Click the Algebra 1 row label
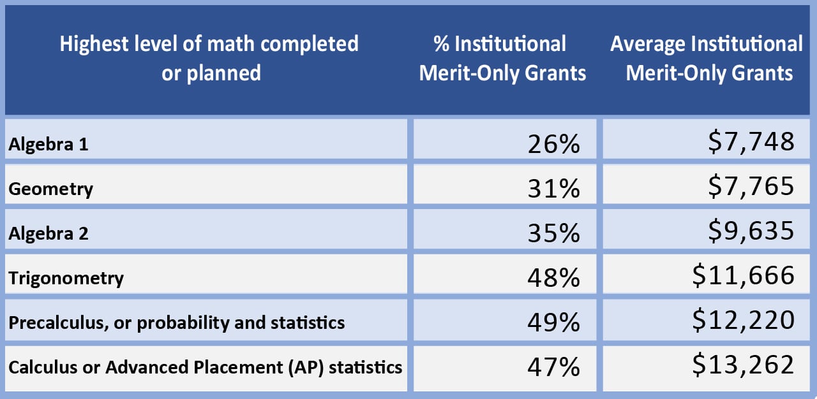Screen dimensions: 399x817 click(49, 144)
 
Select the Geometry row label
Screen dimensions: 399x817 click(51, 189)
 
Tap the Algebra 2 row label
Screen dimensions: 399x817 click(49, 233)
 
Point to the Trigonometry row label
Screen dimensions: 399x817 click(66, 278)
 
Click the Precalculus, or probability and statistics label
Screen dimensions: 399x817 click(177, 323)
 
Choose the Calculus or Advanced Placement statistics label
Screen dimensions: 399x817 click(206, 367)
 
